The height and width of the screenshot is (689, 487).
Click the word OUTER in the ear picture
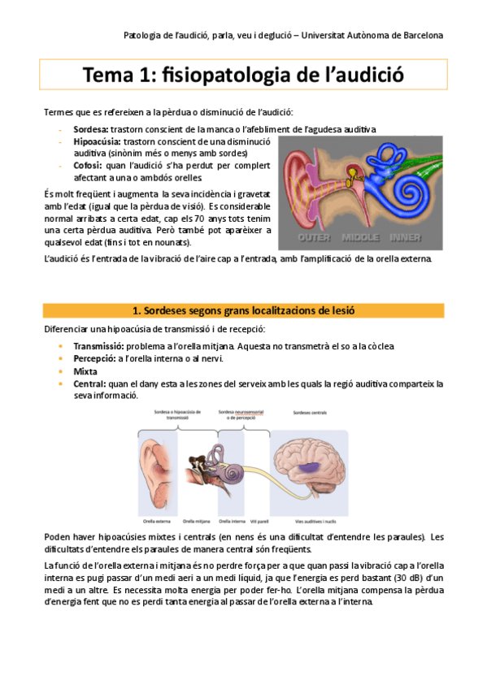315,238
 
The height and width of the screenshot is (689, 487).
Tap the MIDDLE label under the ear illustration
360,238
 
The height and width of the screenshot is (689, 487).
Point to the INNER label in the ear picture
406,238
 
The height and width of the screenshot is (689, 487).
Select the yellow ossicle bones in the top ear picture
355,173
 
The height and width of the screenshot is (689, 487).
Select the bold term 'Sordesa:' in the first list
91,129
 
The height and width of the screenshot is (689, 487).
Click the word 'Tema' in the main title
110,76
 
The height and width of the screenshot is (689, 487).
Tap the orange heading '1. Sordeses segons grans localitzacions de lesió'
243,310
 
